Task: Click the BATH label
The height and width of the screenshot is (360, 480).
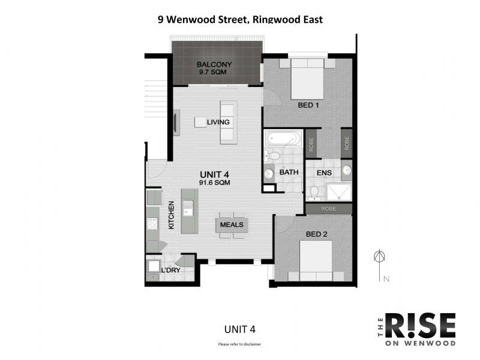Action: pyautogui.click(x=289, y=173)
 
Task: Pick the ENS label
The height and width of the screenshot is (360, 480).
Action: pyautogui.click(x=325, y=173)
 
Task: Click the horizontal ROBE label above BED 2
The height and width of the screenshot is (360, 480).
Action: pyautogui.click(x=328, y=209)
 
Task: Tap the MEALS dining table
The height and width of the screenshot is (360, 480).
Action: pyautogui.click(x=232, y=224)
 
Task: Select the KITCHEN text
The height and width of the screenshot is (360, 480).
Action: pyautogui.click(x=171, y=216)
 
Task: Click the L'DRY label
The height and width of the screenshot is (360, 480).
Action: pyautogui.click(x=171, y=271)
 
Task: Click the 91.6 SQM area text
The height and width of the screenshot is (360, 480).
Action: pyautogui.click(x=215, y=182)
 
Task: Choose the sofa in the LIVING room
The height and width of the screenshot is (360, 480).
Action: pyautogui.click(x=228, y=122)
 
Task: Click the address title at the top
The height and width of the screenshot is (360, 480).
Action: pyautogui.click(x=240, y=19)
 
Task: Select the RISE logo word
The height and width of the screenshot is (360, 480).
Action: pyautogui.click(x=419, y=326)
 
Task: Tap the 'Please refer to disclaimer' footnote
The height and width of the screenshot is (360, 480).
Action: pyautogui.click(x=239, y=344)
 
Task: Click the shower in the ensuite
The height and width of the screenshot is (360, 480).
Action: pyautogui.click(x=339, y=191)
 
